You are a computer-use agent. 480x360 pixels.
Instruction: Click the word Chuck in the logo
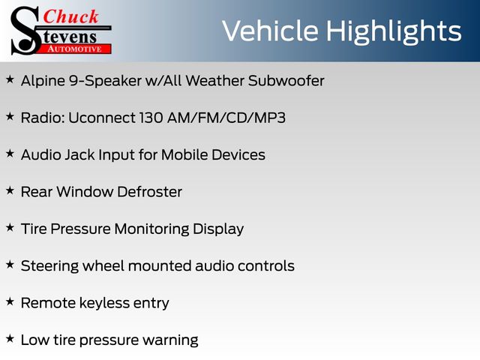[x=70, y=16]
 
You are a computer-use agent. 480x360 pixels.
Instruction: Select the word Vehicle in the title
[x=270, y=31]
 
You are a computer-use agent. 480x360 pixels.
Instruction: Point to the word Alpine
[x=43, y=82]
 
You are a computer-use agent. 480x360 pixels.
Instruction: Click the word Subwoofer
[x=286, y=81]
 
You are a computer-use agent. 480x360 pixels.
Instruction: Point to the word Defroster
[x=150, y=192]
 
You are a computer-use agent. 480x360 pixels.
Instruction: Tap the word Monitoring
[x=151, y=229]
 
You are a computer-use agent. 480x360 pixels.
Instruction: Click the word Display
[x=218, y=229]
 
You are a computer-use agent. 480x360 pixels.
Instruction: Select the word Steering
[x=50, y=266]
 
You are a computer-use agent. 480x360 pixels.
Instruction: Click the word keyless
[x=105, y=303]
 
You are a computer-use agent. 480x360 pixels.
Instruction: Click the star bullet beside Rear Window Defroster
[x=10, y=190]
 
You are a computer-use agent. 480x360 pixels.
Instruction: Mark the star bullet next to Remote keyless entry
[x=10, y=301]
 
